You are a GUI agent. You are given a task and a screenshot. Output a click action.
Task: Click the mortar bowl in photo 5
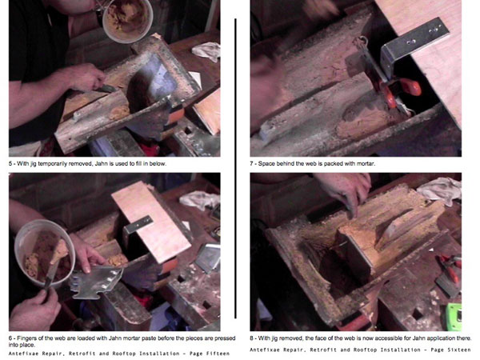pos(127,20)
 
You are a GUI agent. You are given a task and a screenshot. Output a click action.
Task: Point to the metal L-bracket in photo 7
pos(414,46)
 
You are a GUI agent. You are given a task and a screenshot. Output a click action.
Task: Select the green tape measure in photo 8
pos(454,317)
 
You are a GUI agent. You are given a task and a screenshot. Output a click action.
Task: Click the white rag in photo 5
pos(206,51)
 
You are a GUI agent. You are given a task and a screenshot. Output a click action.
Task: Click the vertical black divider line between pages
pos(235,168)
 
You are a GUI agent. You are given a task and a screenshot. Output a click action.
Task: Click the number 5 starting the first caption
pos(10,164)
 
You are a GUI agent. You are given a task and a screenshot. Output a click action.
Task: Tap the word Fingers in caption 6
pos(26,338)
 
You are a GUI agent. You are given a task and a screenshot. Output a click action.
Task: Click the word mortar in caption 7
pos(366,164)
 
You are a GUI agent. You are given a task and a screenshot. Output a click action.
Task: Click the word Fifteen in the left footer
pos(218,354)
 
